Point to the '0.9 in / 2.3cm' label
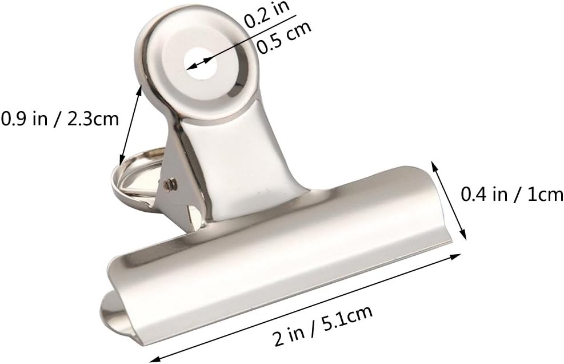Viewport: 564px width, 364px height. click(x=59, y=119)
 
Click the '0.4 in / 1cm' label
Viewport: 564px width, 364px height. click(x=512, y=195)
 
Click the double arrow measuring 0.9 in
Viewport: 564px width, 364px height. click(x=130, y=123)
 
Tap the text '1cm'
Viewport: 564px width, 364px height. click(x=544, y=195)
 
